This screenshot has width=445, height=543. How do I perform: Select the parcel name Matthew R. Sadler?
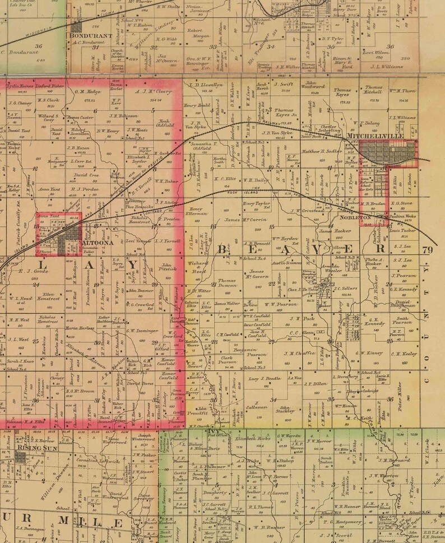tap(322, 151)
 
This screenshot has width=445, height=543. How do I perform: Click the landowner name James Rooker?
tap(335, 231)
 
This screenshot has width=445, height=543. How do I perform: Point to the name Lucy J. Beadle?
tap(261, 379)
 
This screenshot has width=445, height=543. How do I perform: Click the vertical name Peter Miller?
tap(400, 395)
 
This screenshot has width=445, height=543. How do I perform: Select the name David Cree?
tap(86, 175)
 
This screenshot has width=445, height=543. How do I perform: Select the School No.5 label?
tap(254, 368)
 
